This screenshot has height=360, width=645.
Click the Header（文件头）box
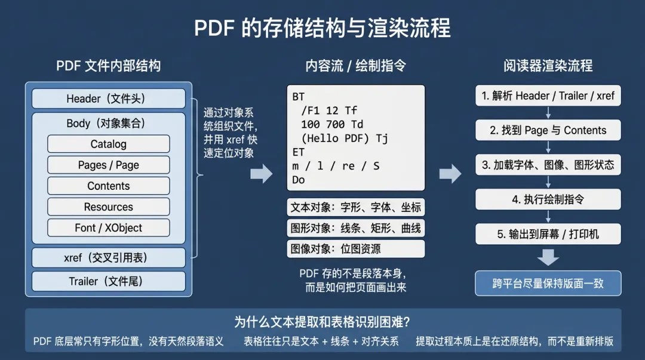click(108, 99)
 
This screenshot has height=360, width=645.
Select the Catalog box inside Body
click(108, 144)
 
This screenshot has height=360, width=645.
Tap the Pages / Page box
click(108, 165)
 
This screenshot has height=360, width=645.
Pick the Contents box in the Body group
click(108, 186)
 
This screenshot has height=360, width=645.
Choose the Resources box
click(108, 207)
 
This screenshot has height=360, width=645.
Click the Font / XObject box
click(108, 227)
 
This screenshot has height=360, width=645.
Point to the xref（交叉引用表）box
click(108, 258)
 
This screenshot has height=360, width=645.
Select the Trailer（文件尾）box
click(108, 281)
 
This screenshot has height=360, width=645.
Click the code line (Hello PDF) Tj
click(345, 139)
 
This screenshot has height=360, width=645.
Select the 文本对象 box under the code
click(356, 207)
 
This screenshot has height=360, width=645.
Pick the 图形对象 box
click(356, 228)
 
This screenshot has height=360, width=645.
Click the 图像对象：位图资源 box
click(356, 249)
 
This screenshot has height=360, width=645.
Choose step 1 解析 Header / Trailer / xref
click(548, 96)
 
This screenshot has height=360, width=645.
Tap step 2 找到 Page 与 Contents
click(548, 130)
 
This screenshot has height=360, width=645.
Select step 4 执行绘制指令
click(548, 199)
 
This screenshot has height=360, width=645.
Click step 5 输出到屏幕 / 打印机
click(548, 234)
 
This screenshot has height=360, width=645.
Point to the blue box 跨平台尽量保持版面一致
click(548, 284)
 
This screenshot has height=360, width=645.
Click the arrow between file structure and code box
click(261, 174)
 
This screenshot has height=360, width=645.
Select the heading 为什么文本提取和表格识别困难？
click(322, 322)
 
